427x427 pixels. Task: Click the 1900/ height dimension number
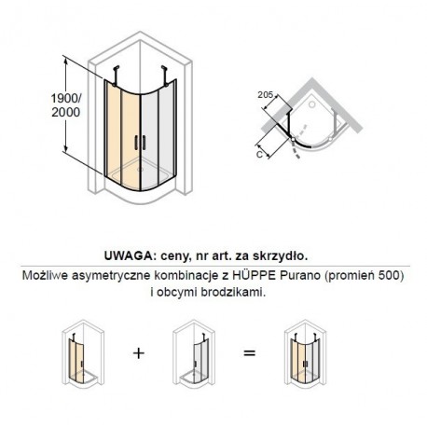coord(66,99)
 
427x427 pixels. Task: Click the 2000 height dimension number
coord(66,112)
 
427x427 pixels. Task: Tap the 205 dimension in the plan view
coord(265,95)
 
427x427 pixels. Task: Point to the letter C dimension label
coord(259,154)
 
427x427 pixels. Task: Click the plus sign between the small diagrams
coord(139,353)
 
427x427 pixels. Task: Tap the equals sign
coord(249,353)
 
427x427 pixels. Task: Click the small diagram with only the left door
coord(83,354)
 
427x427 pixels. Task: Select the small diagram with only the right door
coord(193,354)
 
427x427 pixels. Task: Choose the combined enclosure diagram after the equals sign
coord(305,354)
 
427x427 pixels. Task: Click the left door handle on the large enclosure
coord(136,142)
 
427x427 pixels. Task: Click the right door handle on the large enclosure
coord(144,142)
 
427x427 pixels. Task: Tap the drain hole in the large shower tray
coord(140,170)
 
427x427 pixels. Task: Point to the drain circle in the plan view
coord(311,104)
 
